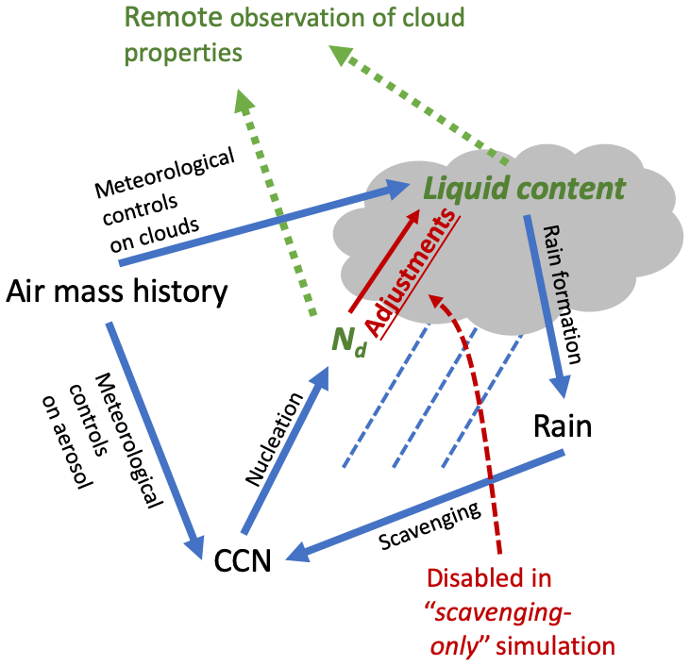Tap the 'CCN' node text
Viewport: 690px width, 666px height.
[x=243, y=562]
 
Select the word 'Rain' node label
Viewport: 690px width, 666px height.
[x=563, y=426]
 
